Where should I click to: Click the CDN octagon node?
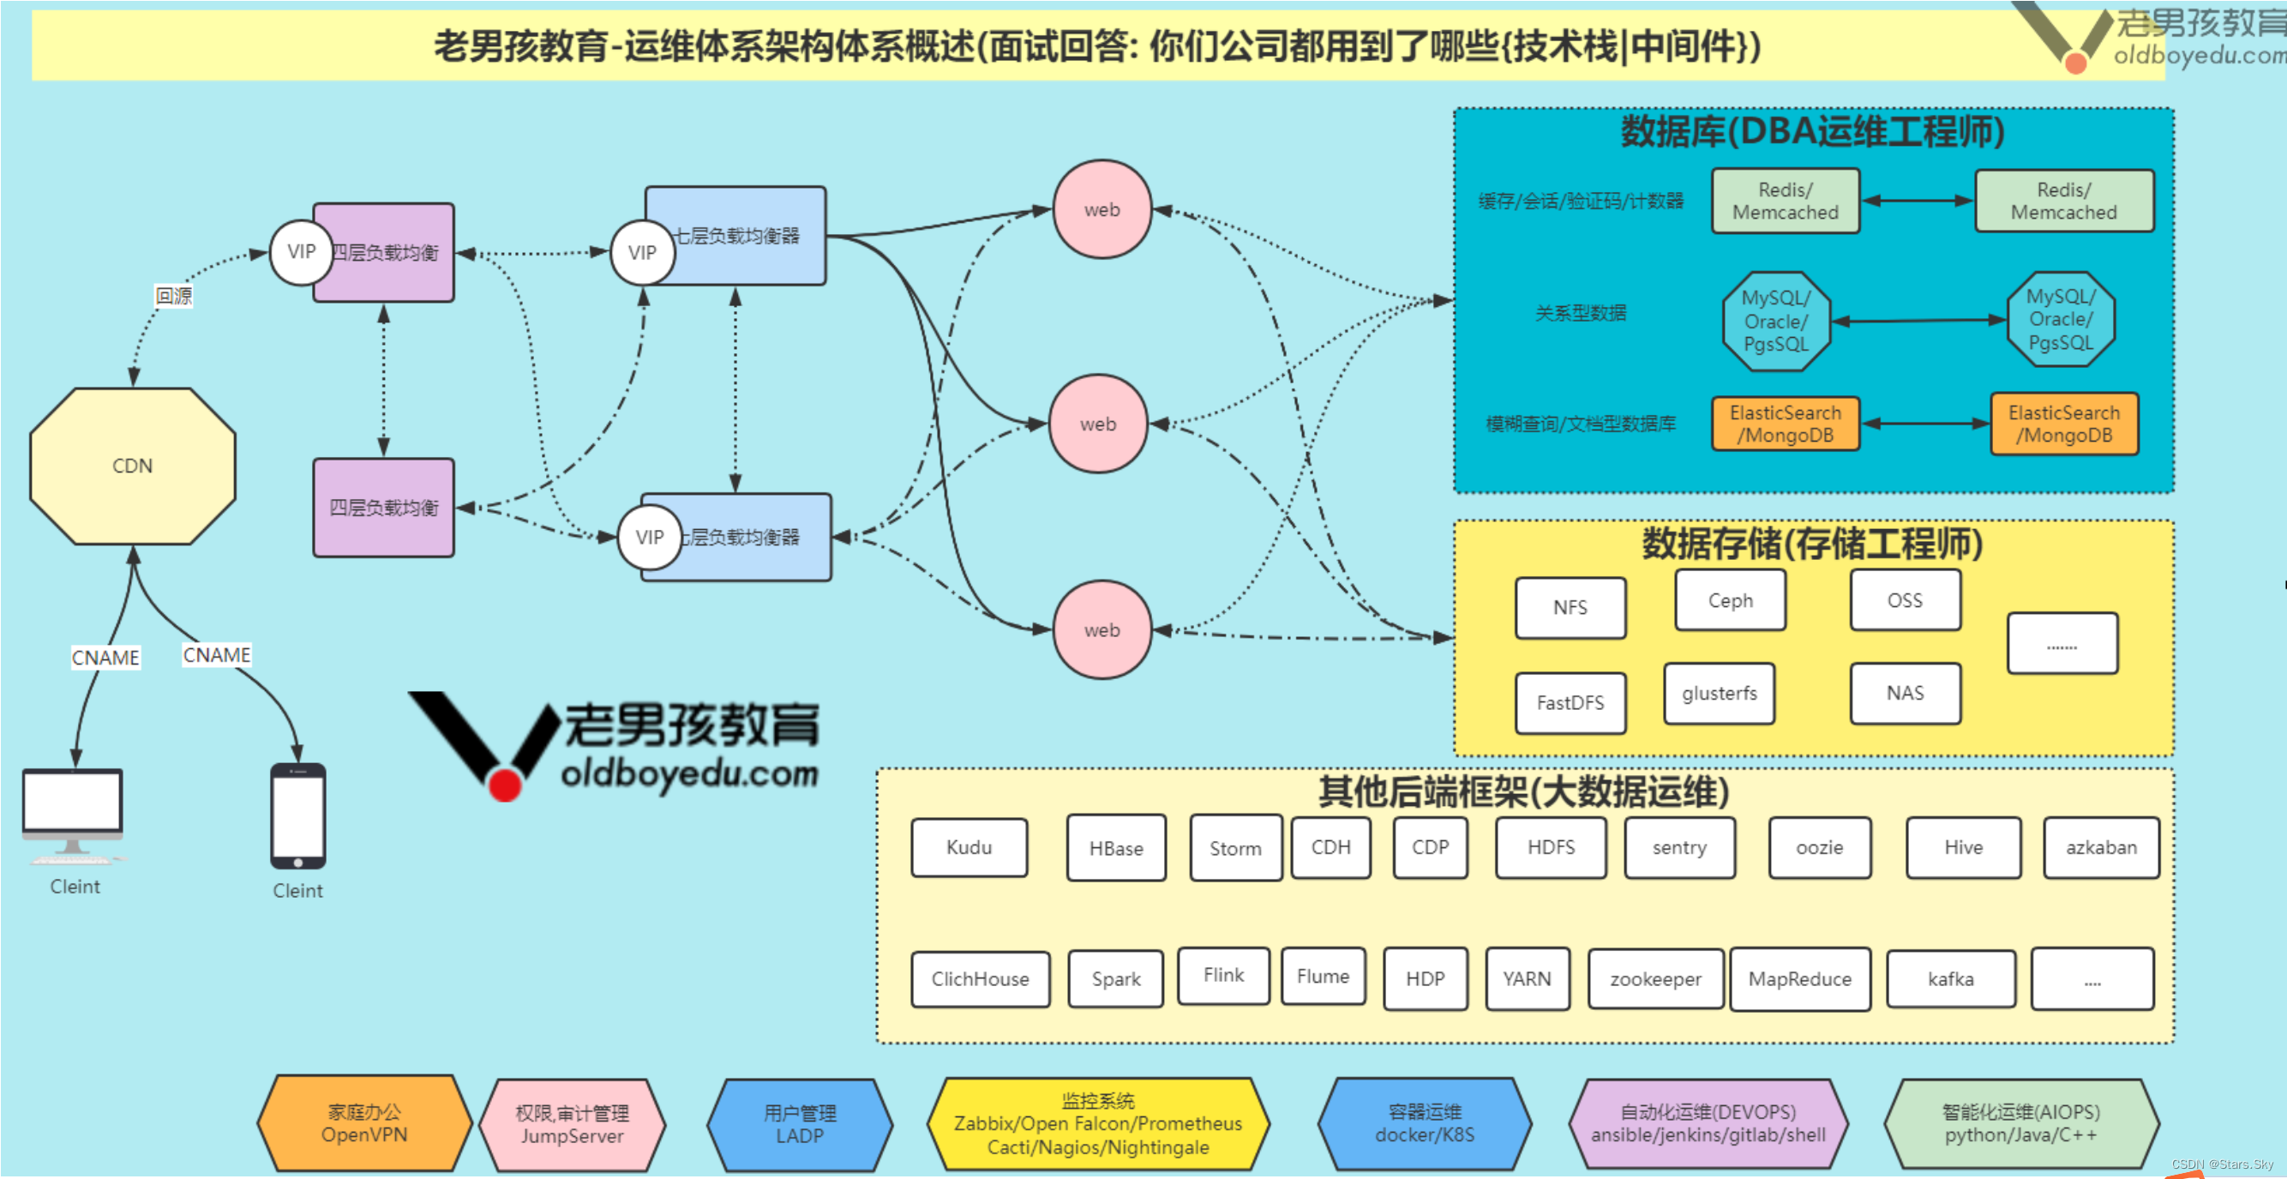(x=132, y=466)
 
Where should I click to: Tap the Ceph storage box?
(x=1730, y=601)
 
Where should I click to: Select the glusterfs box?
(x=1719, y=694)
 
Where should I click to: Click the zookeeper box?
(x=1655, y=979)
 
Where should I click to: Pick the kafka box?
(x=1949, y=979)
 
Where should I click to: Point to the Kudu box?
(x=969, y=848)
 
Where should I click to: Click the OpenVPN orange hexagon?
(x=364, y=1123)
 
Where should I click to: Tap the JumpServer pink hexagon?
(x=572, y=1125)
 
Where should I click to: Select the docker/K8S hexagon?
(x=1424, y=1123)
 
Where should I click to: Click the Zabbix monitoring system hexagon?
(x=1097, y=1124)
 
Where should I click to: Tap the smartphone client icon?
(x=297, y=816)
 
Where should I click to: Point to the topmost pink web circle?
(x=1101, y=209)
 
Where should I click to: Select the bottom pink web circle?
(x=1101, y=630)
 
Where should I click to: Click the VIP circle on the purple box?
(x=301, y=252)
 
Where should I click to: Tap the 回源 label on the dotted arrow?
(x=173, y=296)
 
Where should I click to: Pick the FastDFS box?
(x=1570, y=703)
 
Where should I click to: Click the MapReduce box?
(x=1799, y=979)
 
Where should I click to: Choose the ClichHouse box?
(x=980, y=979)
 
